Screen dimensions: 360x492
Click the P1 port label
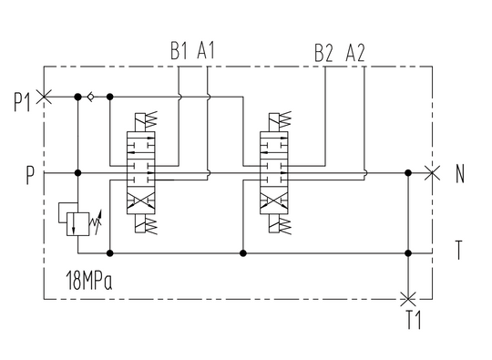(x=22, y=100)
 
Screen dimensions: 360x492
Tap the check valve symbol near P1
(x=92, y=96)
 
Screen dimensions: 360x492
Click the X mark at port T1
(x=409, y=297)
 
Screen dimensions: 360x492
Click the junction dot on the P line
(x=78, y=172)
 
